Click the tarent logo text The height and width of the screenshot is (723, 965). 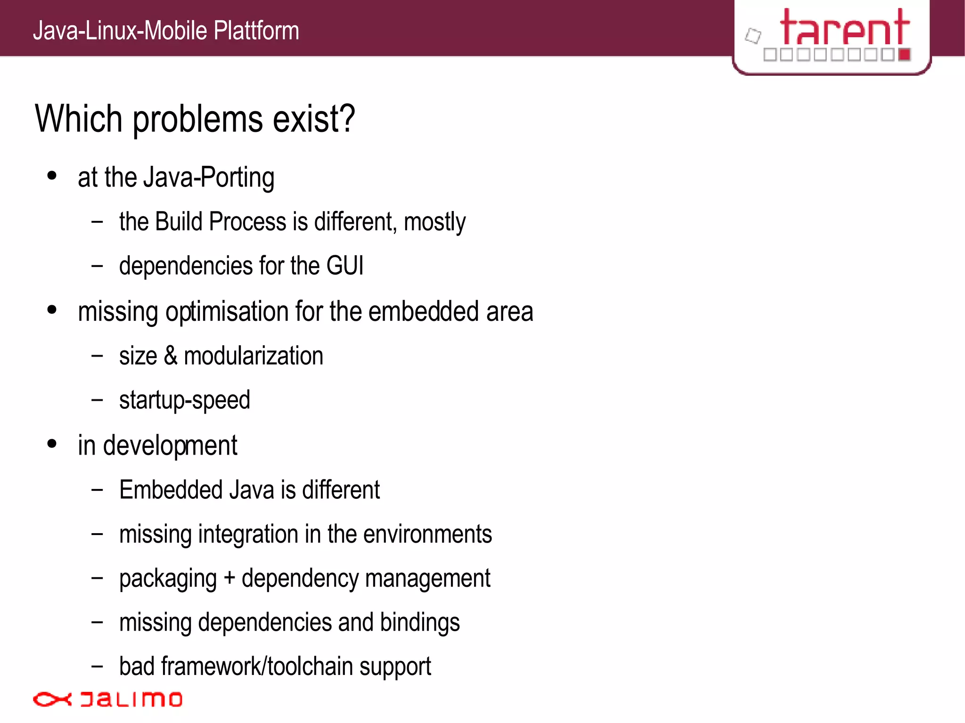click(844, 28)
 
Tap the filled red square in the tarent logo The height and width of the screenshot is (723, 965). click(904, 55)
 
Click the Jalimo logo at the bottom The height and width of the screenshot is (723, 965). click(107, 699)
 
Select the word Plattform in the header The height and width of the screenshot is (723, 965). click(256, 31)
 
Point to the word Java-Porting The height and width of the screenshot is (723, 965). click(209, 178)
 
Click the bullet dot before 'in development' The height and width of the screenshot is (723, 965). click(52, 444)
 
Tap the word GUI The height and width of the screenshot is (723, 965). click(344, 266)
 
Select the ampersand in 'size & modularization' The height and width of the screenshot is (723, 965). click(171, 356)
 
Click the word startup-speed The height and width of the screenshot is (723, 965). click(184, 400)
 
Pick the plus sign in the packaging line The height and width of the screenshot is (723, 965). click(229, 578)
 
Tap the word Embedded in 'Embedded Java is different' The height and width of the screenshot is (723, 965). click(171, 490)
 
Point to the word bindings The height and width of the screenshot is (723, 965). click(420, 623)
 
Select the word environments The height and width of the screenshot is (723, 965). click(427, 534)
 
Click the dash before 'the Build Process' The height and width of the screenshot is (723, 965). click(97, 221)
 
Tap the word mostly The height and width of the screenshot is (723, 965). click(434, 222)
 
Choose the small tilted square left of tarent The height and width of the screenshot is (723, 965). click(753, 36)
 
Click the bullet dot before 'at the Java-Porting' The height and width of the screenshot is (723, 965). click(52, 176)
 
